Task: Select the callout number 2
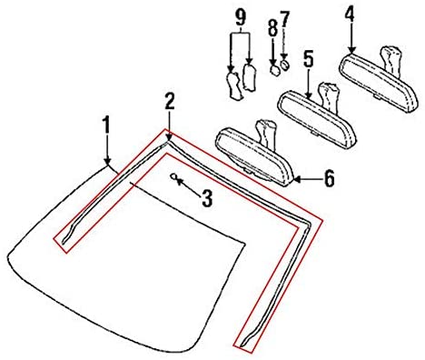(170, 101)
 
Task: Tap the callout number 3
(206, 198)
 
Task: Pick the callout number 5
(308, 59)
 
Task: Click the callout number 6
(329, 178)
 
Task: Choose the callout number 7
(284, 19)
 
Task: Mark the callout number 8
(272, 29)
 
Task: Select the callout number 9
(241, 17)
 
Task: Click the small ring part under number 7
(284, 65)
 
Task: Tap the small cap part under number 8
(275, 70)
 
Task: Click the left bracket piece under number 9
(234, 85)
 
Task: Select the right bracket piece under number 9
(250, 77)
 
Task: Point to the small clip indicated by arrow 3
(174, 176)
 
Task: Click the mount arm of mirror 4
(390, 61)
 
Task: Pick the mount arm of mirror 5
(328, 97)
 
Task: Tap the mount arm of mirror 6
(266, 135)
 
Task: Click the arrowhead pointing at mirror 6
(297, 179)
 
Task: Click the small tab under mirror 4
(376, 96)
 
